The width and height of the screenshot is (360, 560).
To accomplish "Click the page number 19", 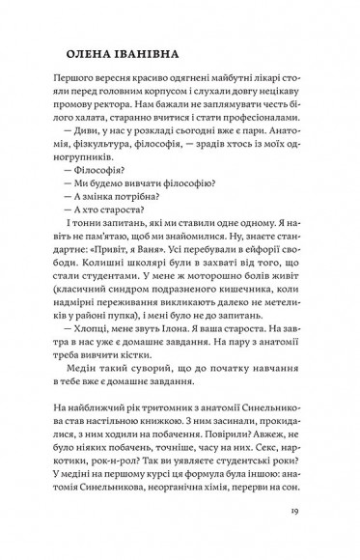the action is point(308,512).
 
